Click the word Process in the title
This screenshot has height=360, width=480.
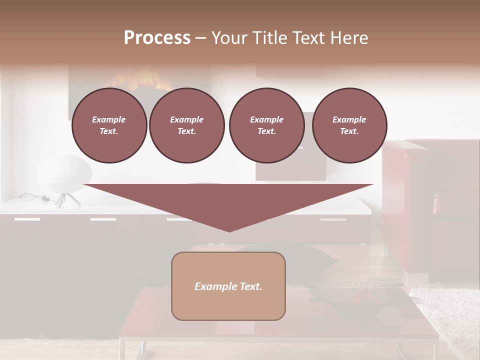click(x=157, y=37)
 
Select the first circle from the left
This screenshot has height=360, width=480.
click(x=109, y=125)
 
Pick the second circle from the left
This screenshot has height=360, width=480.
click(x=187, y=125)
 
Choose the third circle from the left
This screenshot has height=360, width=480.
click(x=266, y=125)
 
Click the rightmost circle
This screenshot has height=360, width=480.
click(x=349, y=125)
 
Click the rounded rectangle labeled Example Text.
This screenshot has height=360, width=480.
click(x=228, y=286)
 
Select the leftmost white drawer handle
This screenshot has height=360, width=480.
click(x=27, y=219)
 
